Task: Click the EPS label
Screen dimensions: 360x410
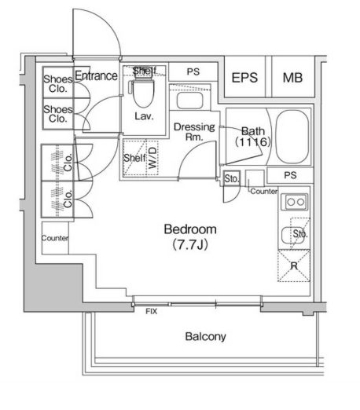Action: (244, 78)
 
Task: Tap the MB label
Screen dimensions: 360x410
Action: (292, 78)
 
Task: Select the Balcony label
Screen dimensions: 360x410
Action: (205, 337)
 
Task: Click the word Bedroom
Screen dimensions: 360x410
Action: (190, 229)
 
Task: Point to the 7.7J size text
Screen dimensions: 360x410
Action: (190, 245)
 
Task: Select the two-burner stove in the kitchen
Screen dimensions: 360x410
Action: (295, 202)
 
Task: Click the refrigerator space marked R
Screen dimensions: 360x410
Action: (294, 265)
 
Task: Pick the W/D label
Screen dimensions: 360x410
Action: (152, 158)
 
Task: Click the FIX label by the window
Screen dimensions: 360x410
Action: (152, 311)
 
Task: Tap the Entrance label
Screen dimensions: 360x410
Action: (96, 76)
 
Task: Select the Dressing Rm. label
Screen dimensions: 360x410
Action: (194, 132)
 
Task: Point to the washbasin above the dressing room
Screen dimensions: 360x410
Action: (189, 101)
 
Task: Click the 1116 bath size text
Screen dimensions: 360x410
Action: (253, 142)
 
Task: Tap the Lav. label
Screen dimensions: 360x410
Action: (144, 116)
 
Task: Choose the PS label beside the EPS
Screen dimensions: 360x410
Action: (193, 71)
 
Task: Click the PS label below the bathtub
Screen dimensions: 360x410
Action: (290, 175)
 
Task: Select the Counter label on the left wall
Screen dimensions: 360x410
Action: (55, 238)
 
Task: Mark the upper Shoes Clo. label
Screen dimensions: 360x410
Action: (57, 84)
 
